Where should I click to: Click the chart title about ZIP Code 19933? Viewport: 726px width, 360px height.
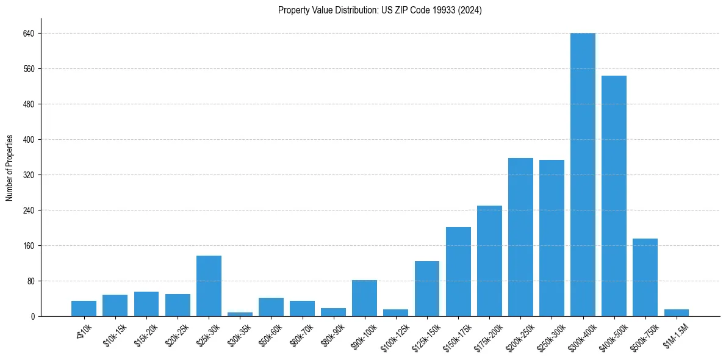point(379,10)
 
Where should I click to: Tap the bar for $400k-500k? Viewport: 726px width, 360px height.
point(614,196)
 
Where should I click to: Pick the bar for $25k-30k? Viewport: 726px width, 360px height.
point(209,286)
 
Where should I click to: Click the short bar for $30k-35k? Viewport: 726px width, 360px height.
point(240,314)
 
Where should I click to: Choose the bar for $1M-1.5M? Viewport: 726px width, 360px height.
point(676,312)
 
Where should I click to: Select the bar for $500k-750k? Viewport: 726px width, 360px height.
point(645,277)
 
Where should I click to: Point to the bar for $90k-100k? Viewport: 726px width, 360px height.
point(364,298)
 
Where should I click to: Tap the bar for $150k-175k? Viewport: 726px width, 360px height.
point(458,272)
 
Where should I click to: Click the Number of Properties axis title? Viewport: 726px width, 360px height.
point(10,168)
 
